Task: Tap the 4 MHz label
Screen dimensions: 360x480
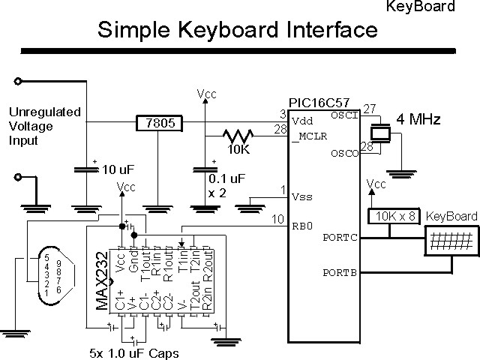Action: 418,119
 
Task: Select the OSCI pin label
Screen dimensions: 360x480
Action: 344,114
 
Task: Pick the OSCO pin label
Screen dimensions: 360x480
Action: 344,154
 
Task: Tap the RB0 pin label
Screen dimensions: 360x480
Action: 302,223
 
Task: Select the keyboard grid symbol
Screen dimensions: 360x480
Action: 451,242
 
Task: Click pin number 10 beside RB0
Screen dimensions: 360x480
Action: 277,218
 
